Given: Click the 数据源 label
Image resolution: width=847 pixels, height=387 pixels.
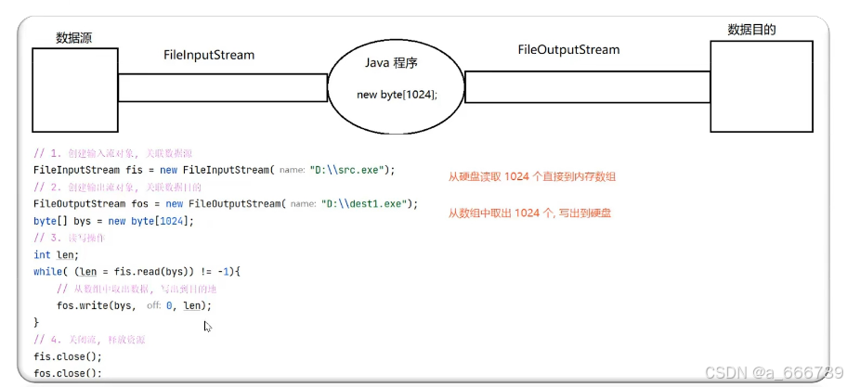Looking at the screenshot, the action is [x=73, y=38].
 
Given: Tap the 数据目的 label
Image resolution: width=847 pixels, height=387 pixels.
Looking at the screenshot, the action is [x=751, y=30].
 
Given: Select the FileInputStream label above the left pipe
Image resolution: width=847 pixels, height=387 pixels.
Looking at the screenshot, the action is [x=209, y=55].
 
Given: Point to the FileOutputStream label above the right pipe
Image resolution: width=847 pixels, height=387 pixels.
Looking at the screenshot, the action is [x=568, y=49].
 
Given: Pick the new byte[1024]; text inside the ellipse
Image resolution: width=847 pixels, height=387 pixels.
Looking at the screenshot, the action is [x=397, y=95].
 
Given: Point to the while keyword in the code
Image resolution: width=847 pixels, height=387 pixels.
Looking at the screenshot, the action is [x=47, y=271].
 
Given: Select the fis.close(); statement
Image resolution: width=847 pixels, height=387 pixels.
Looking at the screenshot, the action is [x=67, y=356].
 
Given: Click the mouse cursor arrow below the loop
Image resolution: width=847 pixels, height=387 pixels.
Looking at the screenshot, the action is [x=208, y=327].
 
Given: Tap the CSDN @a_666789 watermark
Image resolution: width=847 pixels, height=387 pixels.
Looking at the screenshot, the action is [x=774, y=372].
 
